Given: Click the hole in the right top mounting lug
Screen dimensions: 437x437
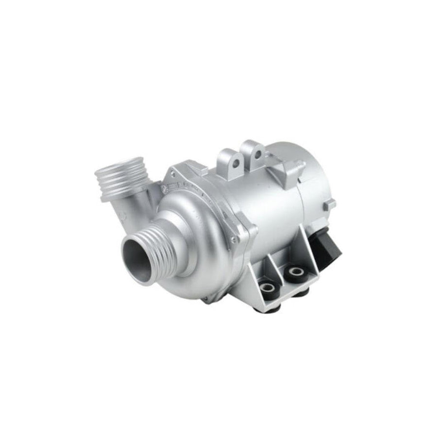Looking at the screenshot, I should coord(258,156).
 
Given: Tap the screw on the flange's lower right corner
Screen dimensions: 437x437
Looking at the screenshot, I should coord(235,240).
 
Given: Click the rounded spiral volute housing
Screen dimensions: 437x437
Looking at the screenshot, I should coord(194,233).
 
